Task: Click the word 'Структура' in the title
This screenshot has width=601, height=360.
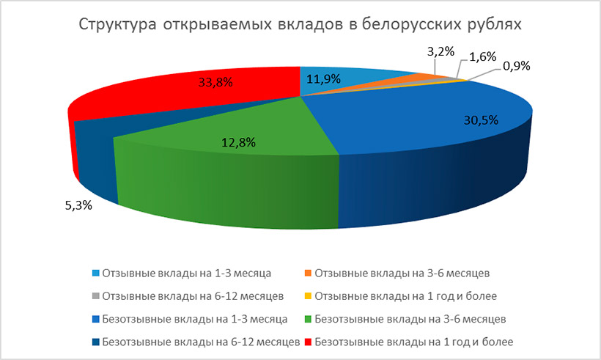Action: tap(118, 25)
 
